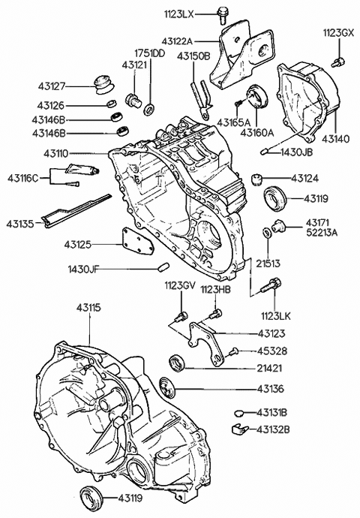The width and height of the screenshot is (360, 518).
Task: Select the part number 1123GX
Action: pos(337,34)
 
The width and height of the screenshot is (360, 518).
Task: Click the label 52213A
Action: pos(321,233)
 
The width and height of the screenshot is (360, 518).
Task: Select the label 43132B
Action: pos(273,429)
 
